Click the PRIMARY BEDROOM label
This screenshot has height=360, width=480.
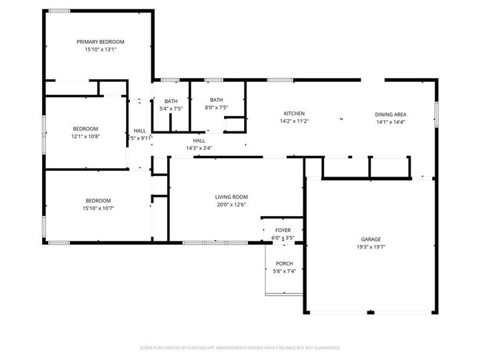(100, 41)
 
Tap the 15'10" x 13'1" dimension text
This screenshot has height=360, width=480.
(100, 49)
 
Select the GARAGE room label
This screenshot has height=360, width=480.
(371, 239)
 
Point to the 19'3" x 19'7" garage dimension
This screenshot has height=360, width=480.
(371, 247)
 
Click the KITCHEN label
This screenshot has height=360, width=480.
(294, 113)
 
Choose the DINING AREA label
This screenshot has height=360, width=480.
(391, 114)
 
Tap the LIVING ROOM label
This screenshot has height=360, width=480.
(231, 197)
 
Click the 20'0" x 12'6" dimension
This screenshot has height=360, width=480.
(231, 205)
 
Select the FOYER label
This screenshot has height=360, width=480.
(283, 230)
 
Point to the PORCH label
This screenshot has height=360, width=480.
(284, 263)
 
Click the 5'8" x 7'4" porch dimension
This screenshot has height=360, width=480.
(284, 271)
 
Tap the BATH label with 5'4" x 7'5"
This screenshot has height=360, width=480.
(171, 101)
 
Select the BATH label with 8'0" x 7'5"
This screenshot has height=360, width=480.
(217, 99)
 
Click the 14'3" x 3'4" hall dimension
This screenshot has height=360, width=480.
(199, 148)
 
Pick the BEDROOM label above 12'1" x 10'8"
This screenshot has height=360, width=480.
(85, 129)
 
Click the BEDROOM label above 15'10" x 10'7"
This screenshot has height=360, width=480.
(97, 201)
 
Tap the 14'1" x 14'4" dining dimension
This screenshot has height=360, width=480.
(391, 122)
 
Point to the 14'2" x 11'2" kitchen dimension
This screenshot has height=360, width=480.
(294, 121)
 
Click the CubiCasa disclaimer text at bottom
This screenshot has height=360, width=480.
(240, 347)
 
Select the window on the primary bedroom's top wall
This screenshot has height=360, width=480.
(59, 11)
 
